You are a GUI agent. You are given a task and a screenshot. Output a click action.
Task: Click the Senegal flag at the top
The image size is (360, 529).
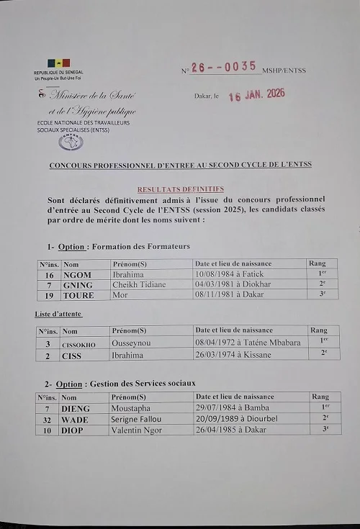click(59, 63)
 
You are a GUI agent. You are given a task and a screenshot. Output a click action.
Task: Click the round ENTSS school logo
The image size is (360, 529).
click(71, 142)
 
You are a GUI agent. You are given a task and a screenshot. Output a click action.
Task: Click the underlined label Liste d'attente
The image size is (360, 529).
click(58, 315)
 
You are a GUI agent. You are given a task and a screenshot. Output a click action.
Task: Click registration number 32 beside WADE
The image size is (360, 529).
click(48, 419)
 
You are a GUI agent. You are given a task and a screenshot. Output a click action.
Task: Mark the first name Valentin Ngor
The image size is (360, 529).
click(137, 430)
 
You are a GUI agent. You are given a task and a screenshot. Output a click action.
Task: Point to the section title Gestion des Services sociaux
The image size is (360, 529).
click(143, 383)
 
